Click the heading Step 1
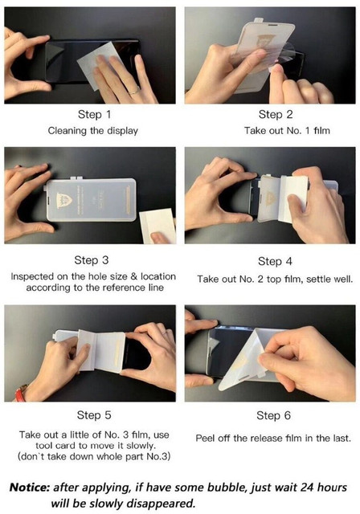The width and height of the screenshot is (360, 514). tap(95, 114)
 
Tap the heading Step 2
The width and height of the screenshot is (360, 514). tap(276, 114)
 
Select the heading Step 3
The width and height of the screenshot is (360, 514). tap(91, 260)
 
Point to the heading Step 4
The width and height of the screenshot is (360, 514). tap(275, 262)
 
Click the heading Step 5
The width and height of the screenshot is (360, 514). tap(94, 415)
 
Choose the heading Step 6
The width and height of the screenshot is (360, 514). tap(273, 416)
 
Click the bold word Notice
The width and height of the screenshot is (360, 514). tap(30, 487)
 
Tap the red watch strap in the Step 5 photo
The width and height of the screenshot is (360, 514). tap(20, 393)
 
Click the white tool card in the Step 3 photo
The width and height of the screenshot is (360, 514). tap(157, 226)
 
